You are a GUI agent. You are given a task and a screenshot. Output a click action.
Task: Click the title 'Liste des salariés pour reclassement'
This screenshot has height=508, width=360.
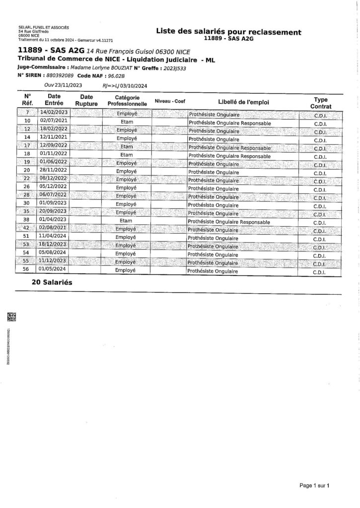[228, 32]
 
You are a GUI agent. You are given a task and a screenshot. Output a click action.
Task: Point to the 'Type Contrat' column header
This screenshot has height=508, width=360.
[321, 102]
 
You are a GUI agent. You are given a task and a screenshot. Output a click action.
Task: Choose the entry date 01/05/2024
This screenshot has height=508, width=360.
[53, 270]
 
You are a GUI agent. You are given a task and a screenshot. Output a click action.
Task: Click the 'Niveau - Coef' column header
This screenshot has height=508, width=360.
[170, 101]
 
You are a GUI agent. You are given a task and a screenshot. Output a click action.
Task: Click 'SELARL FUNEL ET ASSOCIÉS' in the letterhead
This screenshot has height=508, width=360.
[43, 27]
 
